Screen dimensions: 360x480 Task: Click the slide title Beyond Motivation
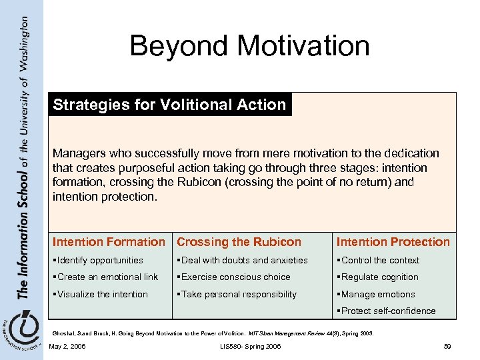pos(249,46)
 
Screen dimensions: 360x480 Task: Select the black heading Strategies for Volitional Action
pos(169,105)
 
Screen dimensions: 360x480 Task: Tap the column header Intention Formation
pos(109,242)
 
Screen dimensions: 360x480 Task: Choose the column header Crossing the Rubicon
pos(239,242)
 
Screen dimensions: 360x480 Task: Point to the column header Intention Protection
pos(393,242)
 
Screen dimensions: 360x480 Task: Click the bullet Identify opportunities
pos(99,260)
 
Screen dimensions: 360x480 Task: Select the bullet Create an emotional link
pos(107,277)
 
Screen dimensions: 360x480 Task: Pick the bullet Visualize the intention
pos(102,294)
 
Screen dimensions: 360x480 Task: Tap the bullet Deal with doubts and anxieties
pos(242,260)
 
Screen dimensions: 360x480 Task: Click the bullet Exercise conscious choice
pos(233,277)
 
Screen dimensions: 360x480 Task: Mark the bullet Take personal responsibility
pos(237,294)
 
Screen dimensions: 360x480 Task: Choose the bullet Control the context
pos(378,260)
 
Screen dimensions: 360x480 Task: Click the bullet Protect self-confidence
pos(387,311)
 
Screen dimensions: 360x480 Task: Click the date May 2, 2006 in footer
pos(67,346)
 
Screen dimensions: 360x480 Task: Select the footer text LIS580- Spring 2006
pos(249,346)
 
